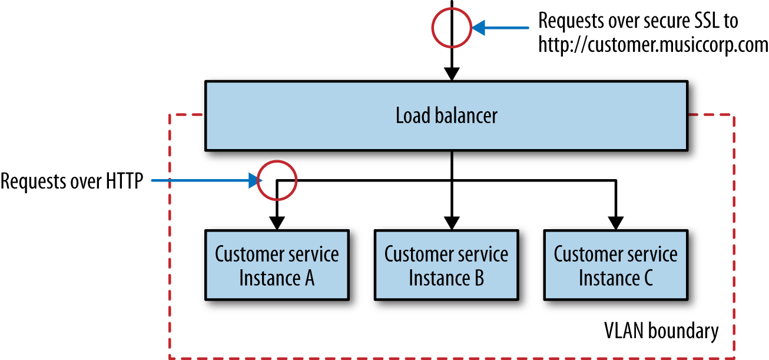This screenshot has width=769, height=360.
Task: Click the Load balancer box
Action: [446, 115]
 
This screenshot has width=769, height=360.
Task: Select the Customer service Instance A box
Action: [276, 265]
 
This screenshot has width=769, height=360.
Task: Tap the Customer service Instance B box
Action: [446, 265]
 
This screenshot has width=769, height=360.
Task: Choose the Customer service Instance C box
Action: [615, 265]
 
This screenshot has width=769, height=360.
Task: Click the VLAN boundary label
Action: [661, 331]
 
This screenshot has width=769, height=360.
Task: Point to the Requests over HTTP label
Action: [72, 181]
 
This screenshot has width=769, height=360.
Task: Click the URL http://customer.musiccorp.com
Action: [653, 45]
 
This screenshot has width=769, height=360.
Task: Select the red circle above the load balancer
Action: [452, 27]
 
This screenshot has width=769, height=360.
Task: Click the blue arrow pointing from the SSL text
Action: [500, 27]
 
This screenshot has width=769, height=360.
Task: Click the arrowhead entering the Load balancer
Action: [452, 74]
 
